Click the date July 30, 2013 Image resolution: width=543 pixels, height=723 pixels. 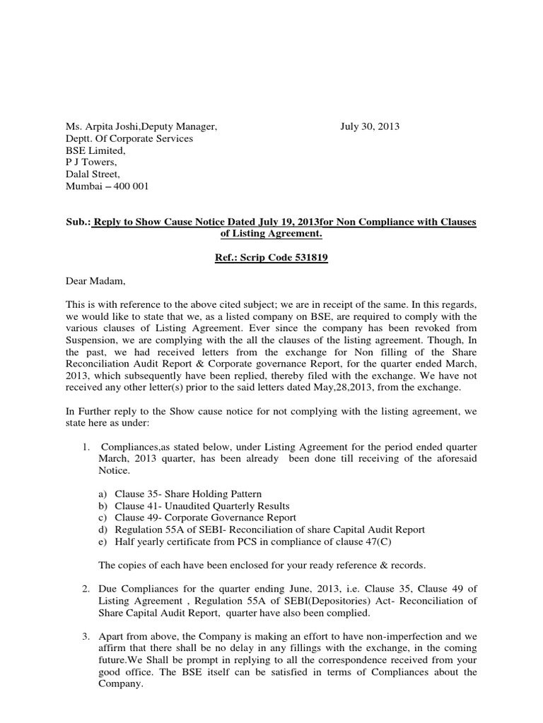[x=370, y=127]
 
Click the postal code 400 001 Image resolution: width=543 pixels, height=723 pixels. [x=144, y=187]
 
